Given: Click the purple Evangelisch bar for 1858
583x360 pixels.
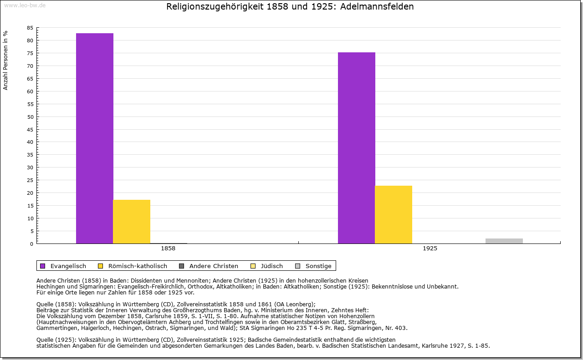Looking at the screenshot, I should [95, 138].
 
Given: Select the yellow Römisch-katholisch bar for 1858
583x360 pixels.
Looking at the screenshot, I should [132, 222].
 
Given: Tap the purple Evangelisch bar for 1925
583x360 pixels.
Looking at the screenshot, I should [357, 148].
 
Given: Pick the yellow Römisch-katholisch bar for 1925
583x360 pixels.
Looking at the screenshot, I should [394, 214].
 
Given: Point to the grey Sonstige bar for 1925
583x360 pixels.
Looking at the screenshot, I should [504, 241].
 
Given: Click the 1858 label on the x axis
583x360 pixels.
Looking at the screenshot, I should [168, 249].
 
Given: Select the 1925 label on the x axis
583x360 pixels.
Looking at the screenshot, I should [430, 249].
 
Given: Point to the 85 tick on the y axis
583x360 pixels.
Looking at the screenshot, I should [30, 28].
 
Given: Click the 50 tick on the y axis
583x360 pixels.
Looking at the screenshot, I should [30, 117].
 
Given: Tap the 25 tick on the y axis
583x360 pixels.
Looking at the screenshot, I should [30, 180].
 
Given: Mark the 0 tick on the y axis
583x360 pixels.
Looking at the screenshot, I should [31, 244].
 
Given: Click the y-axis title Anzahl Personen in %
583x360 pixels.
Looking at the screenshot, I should [5, 60].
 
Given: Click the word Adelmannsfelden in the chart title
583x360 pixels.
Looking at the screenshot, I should [378, 7].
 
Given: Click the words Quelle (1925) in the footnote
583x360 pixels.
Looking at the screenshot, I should [56, 340].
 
